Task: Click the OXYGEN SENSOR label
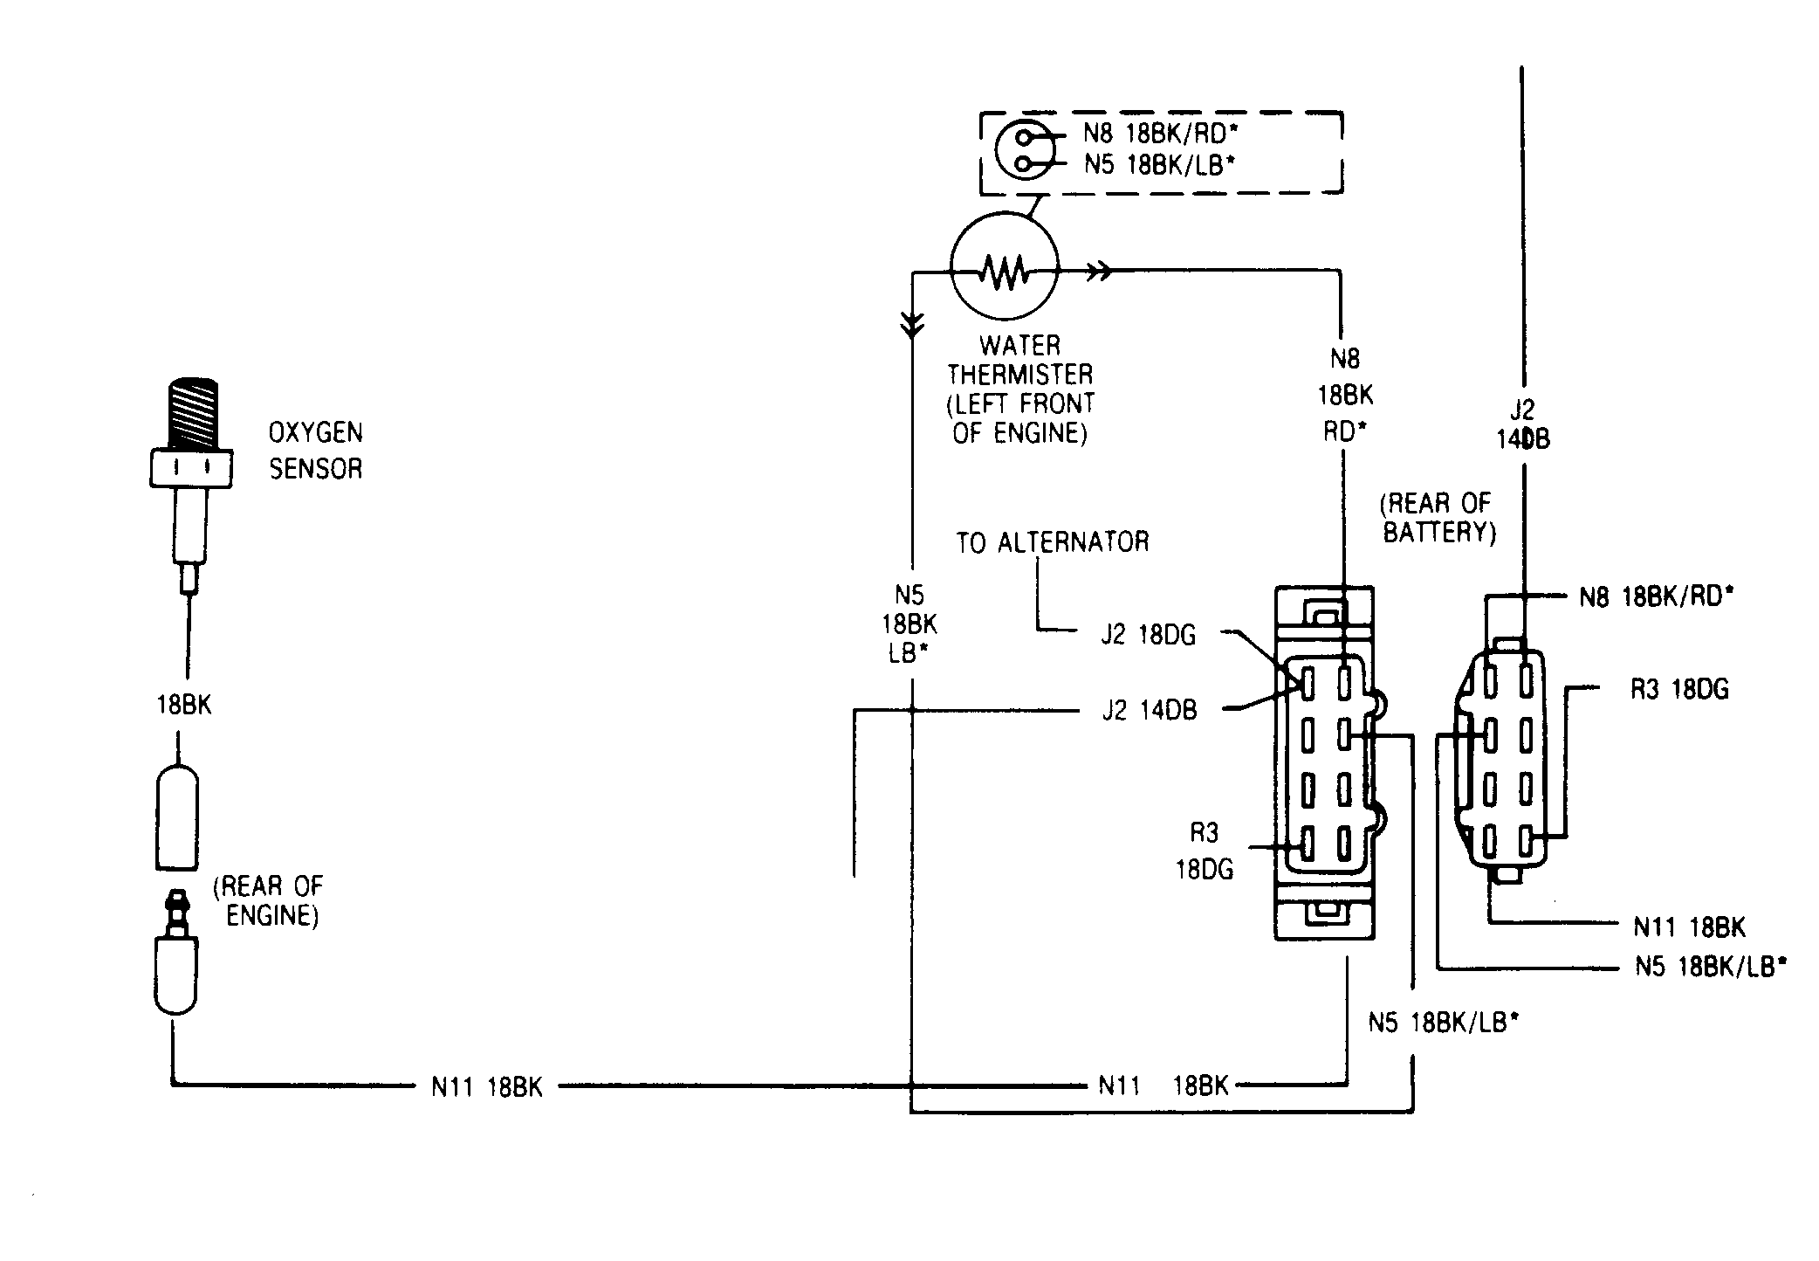click(x=315, y=451)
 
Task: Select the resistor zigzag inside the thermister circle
click(x=1003, y=272)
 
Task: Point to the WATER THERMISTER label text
click(x=1020, y=360)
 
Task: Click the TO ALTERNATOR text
click(x=1052, y=542)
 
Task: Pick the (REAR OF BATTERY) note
click(x=1439, y=518)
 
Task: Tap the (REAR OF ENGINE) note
click(x=268, y=900)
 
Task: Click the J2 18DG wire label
click(x=1148, y=635)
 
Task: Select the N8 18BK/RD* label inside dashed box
click(x=1161, y=134)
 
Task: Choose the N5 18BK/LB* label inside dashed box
click(x=1160, y=164)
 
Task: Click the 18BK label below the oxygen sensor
click(x=184, y=705)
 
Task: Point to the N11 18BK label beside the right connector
click(x=1690, y=927)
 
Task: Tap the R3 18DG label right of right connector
click(x=1679, y=689)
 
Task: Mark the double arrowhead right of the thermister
click(x=1100, y=272)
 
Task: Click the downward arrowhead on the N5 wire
click(x=911, y=326)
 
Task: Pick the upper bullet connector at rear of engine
click(x=178, y=817)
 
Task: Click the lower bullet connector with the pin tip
click(x=177, y=952)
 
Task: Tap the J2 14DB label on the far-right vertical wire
click(x=1523, y=424)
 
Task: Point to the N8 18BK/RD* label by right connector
click(x=1657, y=596)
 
